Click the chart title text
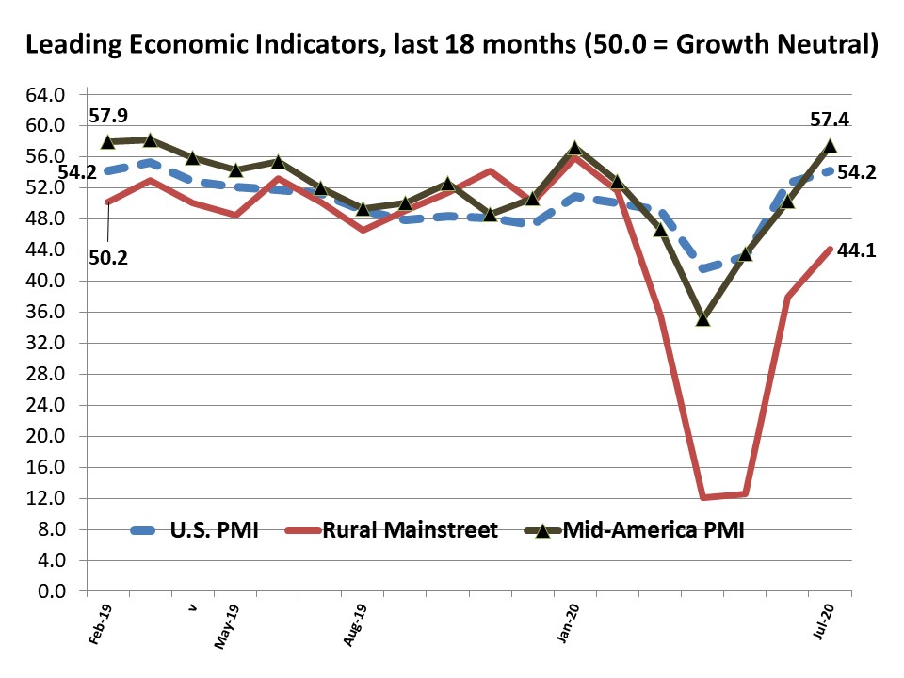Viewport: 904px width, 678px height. pyautogui.click(x=451, y=44)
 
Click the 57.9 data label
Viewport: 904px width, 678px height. pyautogui.click(x=108, y=117)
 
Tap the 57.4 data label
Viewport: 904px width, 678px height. pyautogui.click(x=830, y=121)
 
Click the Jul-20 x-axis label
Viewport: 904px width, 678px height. pyautogui.click(x=824, y=625)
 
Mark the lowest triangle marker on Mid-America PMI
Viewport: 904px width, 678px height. pyautogui.click(x=702, y=319)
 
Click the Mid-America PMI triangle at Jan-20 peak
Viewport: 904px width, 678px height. pyautogui.click(x=574, y=148)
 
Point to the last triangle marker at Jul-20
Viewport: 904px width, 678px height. pyautogui.click(x=831, y=145)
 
